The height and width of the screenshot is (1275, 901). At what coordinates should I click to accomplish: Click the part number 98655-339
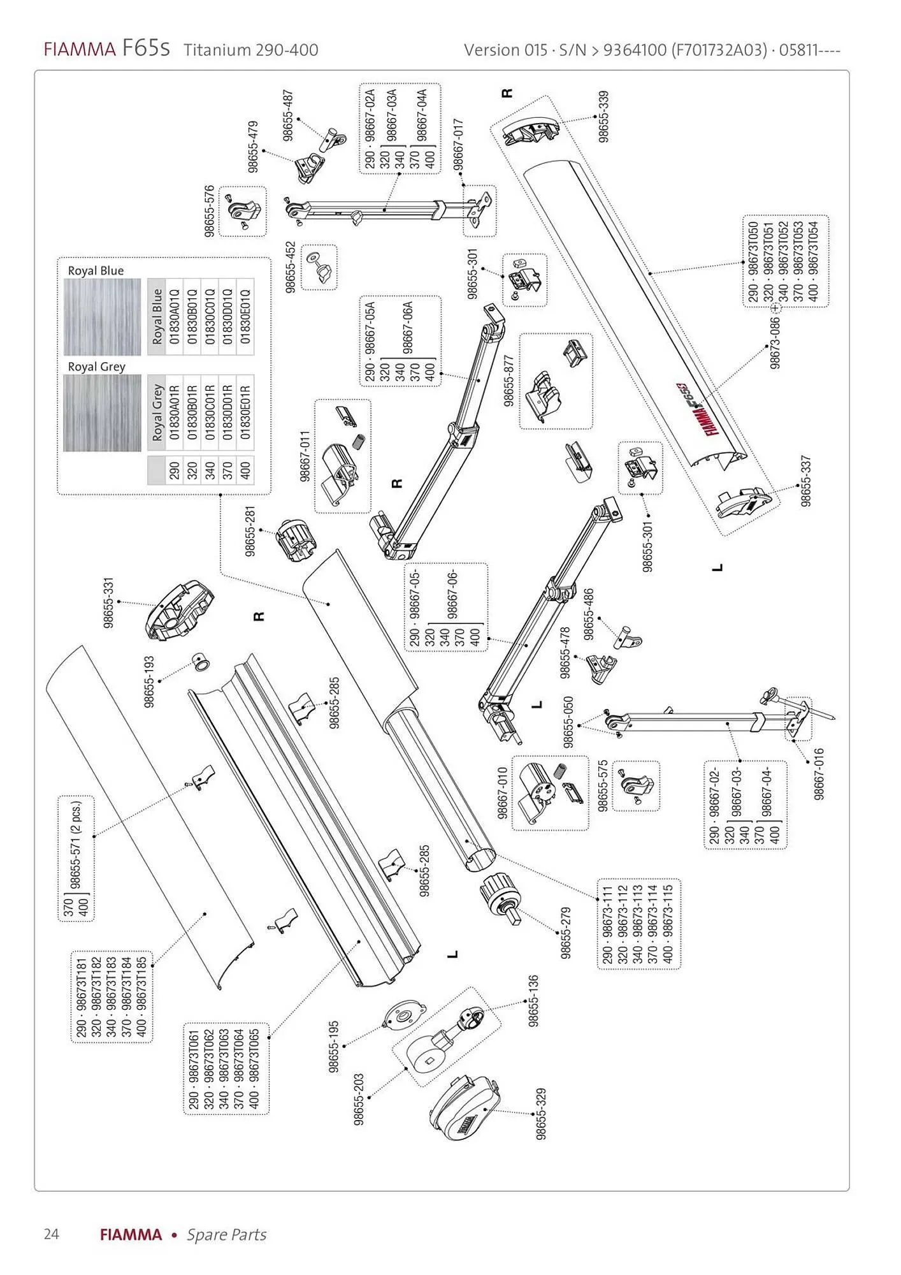(603, 117)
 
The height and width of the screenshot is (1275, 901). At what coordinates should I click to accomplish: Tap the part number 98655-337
(806, 481)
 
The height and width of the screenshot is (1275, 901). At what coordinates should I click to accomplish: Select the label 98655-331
(109, 603)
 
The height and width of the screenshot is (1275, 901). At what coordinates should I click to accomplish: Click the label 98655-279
(566, 933)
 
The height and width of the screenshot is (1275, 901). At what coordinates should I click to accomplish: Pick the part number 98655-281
(251, 531)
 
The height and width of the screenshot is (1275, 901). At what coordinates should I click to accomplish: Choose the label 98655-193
(150, 681)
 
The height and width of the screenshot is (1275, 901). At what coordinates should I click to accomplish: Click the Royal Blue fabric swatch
(102, 317)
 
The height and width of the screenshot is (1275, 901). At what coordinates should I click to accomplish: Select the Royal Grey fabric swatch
(102, 413)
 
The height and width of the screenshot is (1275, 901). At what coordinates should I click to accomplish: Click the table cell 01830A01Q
(175, 317)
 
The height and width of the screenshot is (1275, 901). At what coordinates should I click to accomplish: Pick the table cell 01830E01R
(246, 412)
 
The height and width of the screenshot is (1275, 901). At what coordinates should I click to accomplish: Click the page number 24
(51, 1234)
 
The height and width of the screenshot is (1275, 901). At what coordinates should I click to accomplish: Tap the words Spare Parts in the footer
(226, 1234)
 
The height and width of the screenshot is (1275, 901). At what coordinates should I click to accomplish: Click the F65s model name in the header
(146, 49)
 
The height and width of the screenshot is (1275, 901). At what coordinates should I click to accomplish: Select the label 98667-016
(819, 774)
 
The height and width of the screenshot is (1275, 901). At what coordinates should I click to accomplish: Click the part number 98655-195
(334, 1047)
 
